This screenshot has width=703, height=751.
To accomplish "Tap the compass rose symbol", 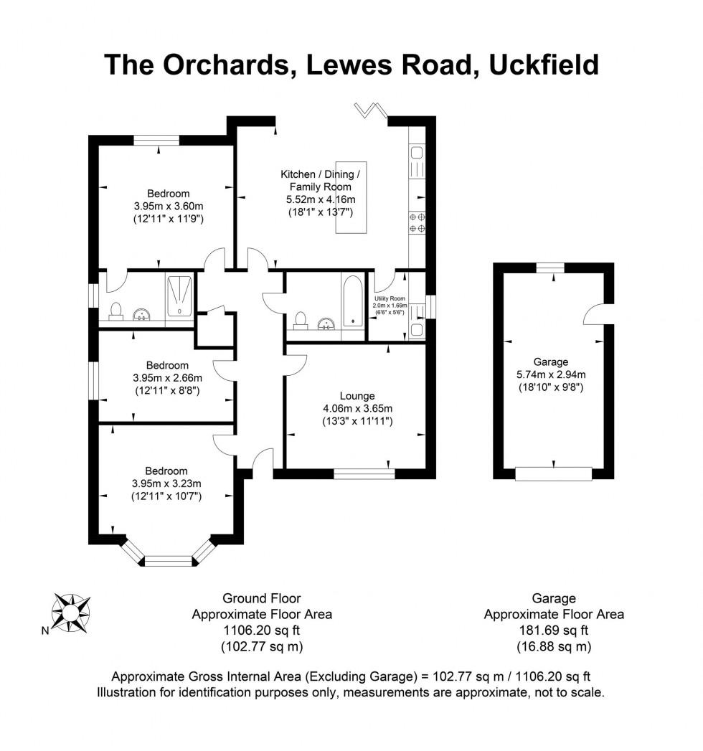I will tap(71, 612).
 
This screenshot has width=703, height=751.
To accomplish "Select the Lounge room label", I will tap(357, 395).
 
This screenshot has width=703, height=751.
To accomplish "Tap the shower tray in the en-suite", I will tap(179, 295).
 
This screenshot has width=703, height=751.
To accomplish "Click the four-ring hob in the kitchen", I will tap(417, 222).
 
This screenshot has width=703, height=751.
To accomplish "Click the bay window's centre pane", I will tap(169, 560).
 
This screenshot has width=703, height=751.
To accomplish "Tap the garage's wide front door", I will tap(553, 473).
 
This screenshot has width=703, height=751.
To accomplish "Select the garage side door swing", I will tap(593, 313).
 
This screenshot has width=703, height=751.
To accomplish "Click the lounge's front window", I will tap(364, 473).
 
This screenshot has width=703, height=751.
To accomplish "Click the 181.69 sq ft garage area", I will tap(553, 630).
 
